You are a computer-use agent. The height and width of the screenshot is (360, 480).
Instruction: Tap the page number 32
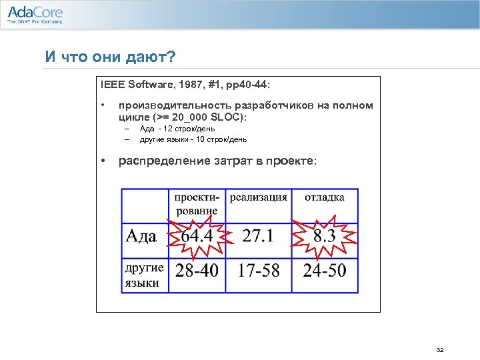tap(439, 350)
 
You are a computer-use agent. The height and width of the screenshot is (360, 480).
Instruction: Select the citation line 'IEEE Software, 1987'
tap(186, 85)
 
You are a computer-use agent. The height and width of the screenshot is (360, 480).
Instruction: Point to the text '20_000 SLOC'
tap(213, 117)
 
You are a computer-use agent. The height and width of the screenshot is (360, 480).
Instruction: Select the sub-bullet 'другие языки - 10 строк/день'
tap(193, 139)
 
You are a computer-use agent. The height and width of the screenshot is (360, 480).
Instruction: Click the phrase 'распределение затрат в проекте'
tap(218, 161)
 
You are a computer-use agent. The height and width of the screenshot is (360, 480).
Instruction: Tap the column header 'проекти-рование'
tap(197, 204)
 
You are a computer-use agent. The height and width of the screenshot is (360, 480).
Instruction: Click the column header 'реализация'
tap(259, 197)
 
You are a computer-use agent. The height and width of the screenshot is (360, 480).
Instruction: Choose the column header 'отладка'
tap(325, 197)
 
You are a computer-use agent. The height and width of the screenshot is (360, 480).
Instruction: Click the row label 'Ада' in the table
tap(141, 237)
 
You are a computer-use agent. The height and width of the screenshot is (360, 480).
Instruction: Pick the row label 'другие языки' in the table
tap(144, 275)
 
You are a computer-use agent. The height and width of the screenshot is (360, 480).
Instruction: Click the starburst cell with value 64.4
tap(197, 237)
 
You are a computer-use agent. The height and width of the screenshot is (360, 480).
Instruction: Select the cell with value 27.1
tap(259, 237)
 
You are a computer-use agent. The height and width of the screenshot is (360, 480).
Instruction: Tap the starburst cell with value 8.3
tap(325, 237)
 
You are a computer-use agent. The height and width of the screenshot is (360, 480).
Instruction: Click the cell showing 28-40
tap(197, 271)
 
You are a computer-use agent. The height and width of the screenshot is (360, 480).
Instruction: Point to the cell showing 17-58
tap(259, 271)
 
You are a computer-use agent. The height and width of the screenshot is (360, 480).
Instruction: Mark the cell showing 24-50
tap(325, 271)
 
